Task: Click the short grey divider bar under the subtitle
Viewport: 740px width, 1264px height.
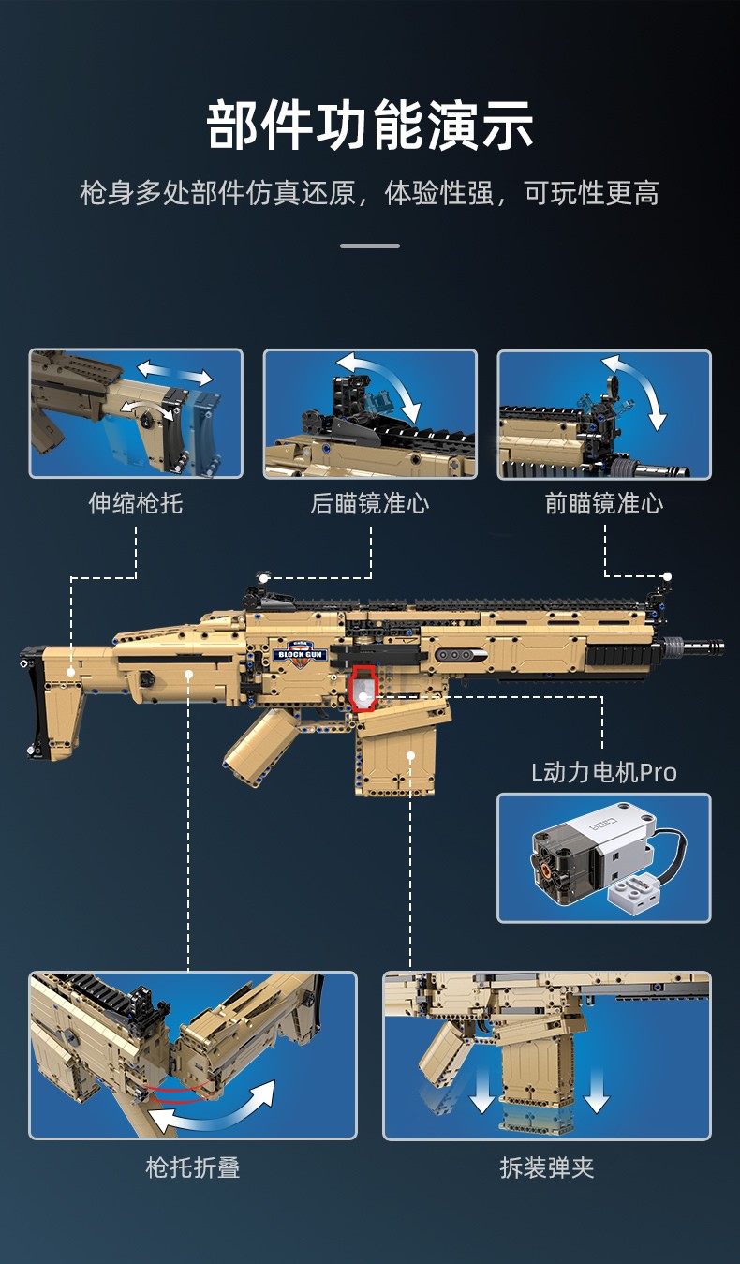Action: pos(370,246)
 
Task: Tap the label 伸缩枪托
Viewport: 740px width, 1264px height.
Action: pos(136,504)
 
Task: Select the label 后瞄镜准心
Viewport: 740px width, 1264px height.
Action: pos(370,504)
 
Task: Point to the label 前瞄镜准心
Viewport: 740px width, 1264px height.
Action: pos(604,504)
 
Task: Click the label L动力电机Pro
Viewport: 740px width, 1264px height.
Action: pos(603,772)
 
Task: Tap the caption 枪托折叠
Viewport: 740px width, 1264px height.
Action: pos(193,1167)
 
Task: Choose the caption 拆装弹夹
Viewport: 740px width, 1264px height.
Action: pos(547,1167)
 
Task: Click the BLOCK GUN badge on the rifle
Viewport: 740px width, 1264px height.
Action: pos(300,649)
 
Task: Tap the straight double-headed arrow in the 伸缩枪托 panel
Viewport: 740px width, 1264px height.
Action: pos(175,372)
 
